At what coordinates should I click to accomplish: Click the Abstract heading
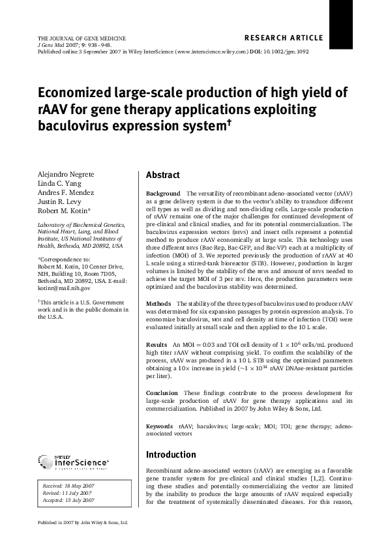pyautogui.click(x=163, y=175)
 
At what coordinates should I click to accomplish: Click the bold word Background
pyautogui.click(x=163, y=194)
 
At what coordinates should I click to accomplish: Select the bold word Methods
pyautogui.click(x=158, y=304)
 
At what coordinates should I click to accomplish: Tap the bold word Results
pyautogui.click(x=157, y=344)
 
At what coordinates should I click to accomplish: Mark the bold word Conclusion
pyautogui.click(x=162, y=393)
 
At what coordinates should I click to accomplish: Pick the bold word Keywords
pyautogui.click(x=160, y=426)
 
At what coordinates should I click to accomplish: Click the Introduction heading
pyautogui.click(x=170, y=454)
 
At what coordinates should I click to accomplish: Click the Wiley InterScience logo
pyautogui.click(x=73, y=462)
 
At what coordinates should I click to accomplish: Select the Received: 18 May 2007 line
pyautogui.click(x=68, y=486)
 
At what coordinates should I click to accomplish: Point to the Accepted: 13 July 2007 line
pyautogui.click(x=68, y=500)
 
